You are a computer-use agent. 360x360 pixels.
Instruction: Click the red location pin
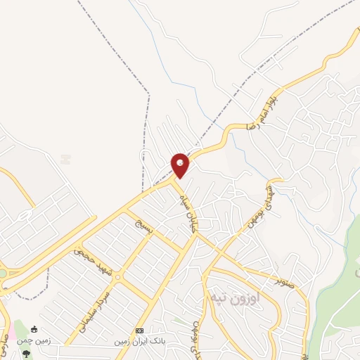tap(180, 165)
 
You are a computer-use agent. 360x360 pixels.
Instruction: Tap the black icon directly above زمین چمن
tap(34, 328)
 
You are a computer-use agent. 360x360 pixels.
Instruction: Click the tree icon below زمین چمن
tap(27, 352)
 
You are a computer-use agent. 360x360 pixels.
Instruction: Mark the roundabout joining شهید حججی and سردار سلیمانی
tap(117, 276)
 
